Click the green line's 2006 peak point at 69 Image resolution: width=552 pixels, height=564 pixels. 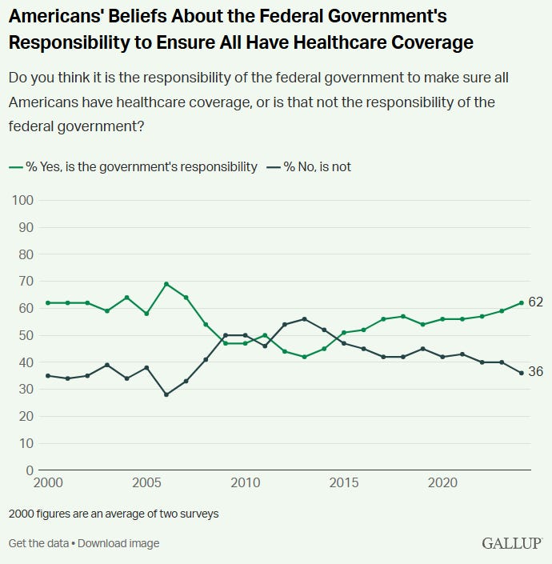click(x=166, y=284)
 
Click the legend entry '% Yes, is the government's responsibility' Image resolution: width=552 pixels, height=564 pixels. click(x=134, y=166)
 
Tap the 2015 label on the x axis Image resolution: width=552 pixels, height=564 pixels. click(x=344, y=484)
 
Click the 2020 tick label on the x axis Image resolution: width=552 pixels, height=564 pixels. click(x=442, y=484)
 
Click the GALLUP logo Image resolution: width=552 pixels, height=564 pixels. click(x=511, y=544)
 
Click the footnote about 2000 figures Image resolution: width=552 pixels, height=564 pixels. click(x=113, y=514)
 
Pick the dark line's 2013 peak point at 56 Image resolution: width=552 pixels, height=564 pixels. click(x=304, y=319)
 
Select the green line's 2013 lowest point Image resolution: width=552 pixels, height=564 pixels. click(x=304, y=357)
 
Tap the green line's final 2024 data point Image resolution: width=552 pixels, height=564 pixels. click(x=522, y=303)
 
